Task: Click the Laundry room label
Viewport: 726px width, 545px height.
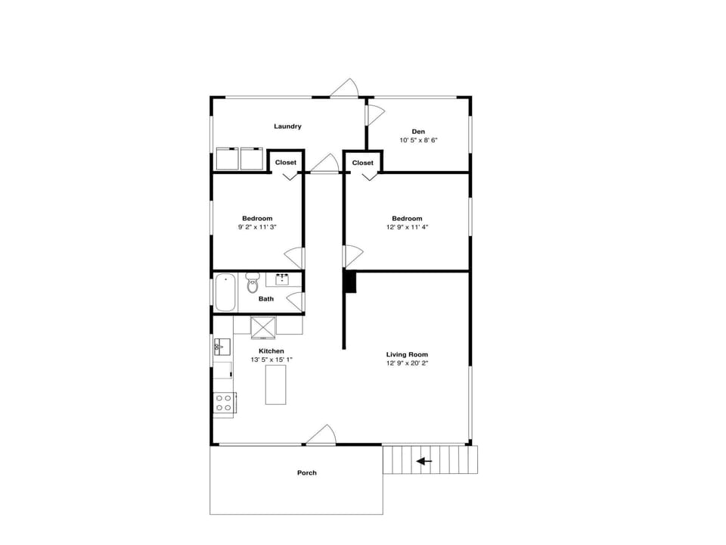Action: pyautogui.click(x=287, y=126)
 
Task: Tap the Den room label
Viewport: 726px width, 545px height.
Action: pyautogui.click(x=418, y=132)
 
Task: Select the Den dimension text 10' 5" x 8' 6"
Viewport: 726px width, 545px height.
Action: pyautogui.click(x=418, y=140)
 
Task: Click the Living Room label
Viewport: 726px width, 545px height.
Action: pyautogui.click(x=407, y=354)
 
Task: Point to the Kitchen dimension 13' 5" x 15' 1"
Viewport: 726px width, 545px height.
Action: pyautogui.click(x=271, y=360)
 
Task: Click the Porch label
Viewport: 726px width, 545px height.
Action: pyautogui.click(x=307, y=473)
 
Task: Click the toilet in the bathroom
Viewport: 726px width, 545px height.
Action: pyautogui.click(x=253, y=282)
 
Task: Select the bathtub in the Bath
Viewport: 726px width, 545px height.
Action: pyautogui.click(x=225, y=293)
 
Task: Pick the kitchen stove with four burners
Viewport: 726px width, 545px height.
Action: pyautogui.click(x=225, y=402)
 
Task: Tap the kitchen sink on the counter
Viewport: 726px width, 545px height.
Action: pyautogui.click(x=221, y=348)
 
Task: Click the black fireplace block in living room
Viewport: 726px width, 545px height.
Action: pyautogui.click(x=349, y=282)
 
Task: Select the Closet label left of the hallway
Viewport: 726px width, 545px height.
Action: pyautogui.click(x=286, y=163)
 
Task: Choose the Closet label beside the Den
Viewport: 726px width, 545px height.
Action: pyautogui.click(x=363, y=163)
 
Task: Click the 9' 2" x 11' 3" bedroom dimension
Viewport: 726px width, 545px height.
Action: pyautogui.click(x=257, y=227)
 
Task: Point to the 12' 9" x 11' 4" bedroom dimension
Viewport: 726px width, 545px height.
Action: pyautogui.click(x=407, y=227)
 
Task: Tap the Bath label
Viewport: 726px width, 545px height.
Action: pyautogui.click(x=266, y=299)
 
